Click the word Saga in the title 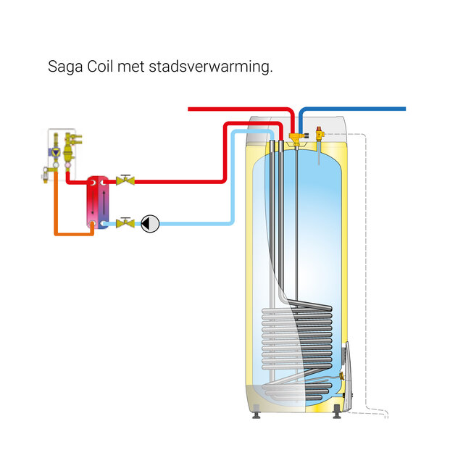(64, 67)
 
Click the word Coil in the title (100, 67)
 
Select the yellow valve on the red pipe (126, 180)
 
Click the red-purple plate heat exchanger (97, 202)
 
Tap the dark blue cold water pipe (355, 109)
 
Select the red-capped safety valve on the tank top (316, 133)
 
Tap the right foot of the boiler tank (338, 417)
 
